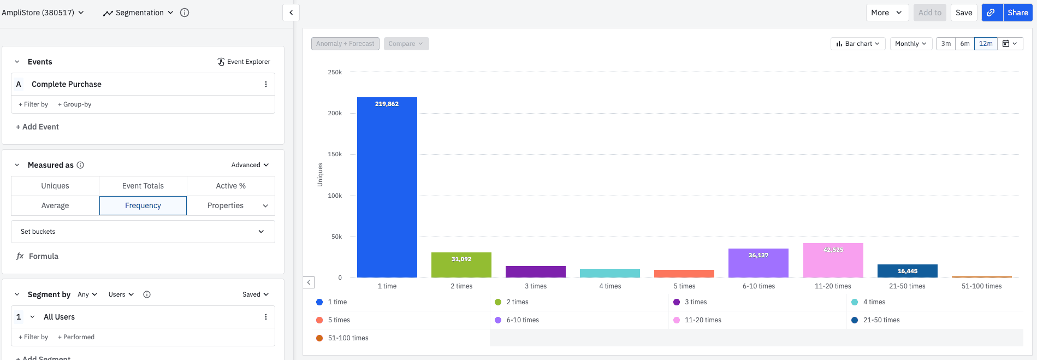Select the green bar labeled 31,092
point(461,265)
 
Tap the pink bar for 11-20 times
point(833,261)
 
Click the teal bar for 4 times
point(609,273)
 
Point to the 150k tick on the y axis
point(335,155)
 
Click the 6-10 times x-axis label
point(759,286)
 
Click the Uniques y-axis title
point(320,175)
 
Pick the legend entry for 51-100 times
point(348,338)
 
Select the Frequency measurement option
point(143,205)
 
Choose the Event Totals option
point(143,186)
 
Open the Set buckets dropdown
point(143,232)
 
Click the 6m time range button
point(965,44)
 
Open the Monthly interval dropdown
point(910,44)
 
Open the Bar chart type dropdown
point(858,44)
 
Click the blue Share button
point(1017,13)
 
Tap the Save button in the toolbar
point(963,13)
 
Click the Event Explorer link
point(244,62)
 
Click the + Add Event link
point(37,127)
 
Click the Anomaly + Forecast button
point(345,44)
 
